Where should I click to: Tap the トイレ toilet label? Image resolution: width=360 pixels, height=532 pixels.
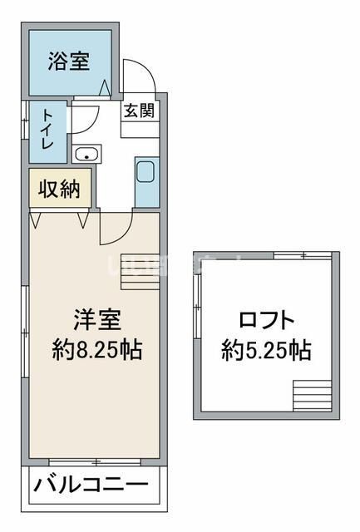pos(47,131)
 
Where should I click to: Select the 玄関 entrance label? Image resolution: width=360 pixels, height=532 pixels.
pos(139,111)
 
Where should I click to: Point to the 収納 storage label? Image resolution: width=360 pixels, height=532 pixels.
pos(59,188)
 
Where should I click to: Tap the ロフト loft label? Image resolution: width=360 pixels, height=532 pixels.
pos(266,319)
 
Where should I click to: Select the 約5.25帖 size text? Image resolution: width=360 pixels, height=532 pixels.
pos(266,350)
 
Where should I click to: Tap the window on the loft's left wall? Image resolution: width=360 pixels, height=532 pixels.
pos(198,307)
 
